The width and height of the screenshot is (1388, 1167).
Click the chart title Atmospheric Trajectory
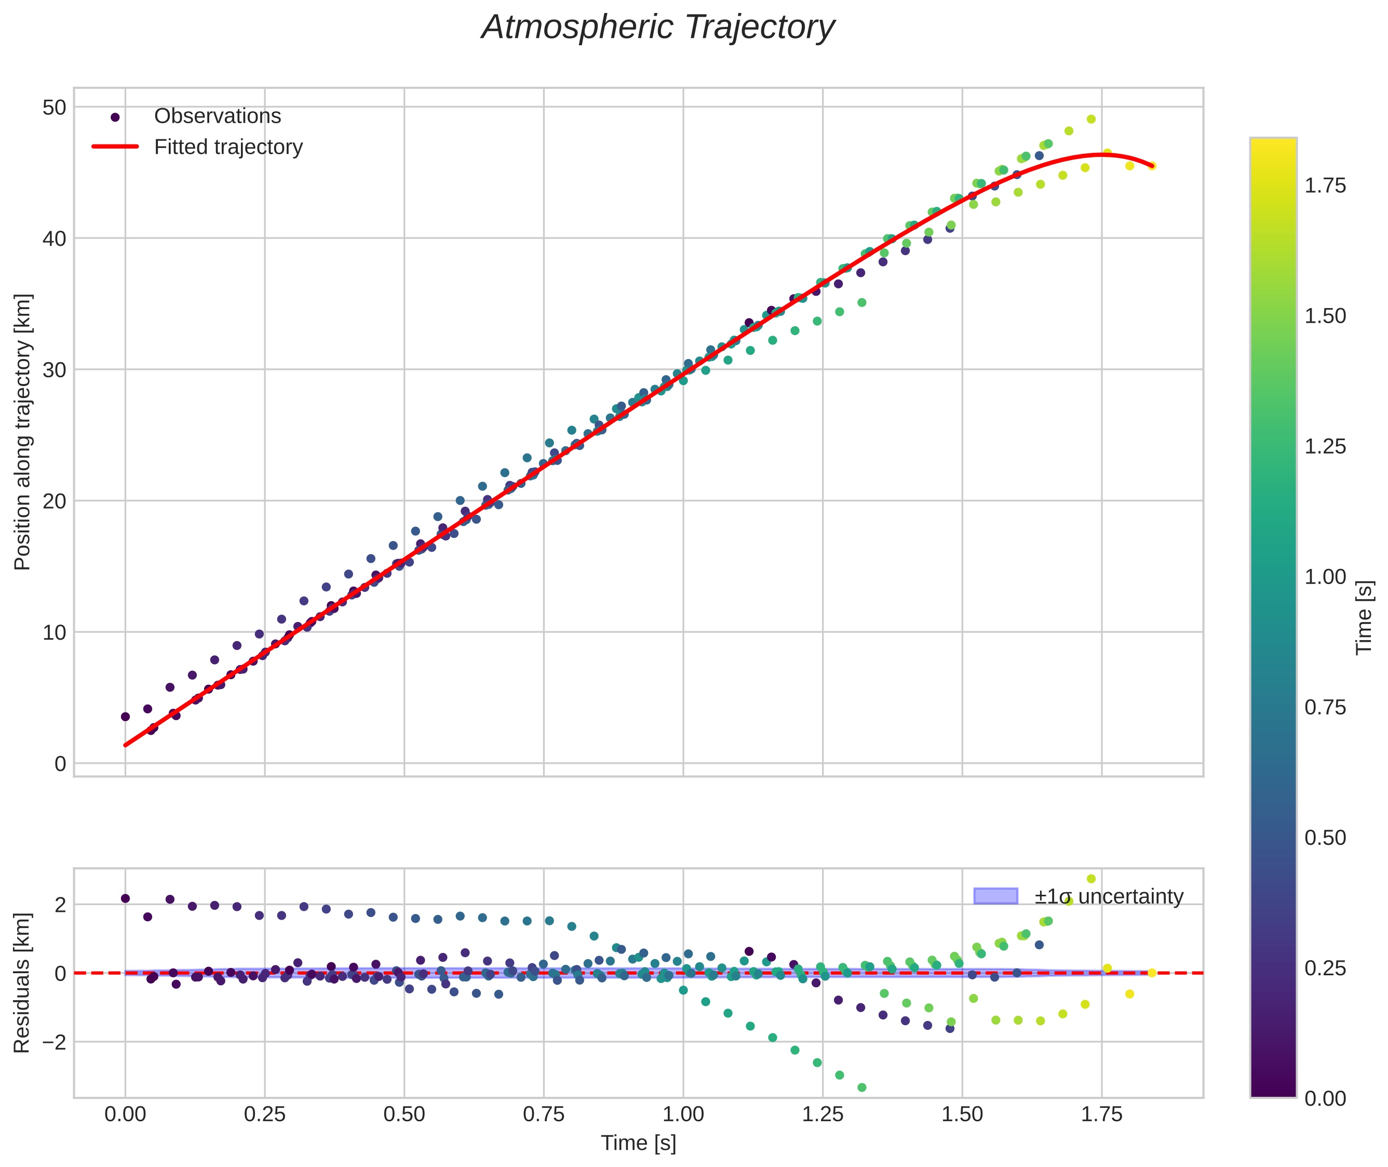658,28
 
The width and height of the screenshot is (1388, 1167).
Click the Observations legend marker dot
115,117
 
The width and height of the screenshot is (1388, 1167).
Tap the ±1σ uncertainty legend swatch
995,896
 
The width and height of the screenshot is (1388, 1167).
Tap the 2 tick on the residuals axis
60,905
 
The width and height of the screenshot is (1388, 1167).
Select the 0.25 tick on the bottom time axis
264,1115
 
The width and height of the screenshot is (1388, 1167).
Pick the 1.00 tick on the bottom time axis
683,1115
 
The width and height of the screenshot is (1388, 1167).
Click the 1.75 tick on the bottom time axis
1102,1115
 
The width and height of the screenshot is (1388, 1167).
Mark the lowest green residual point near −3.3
861,1088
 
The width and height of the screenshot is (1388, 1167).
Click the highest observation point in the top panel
1091,119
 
